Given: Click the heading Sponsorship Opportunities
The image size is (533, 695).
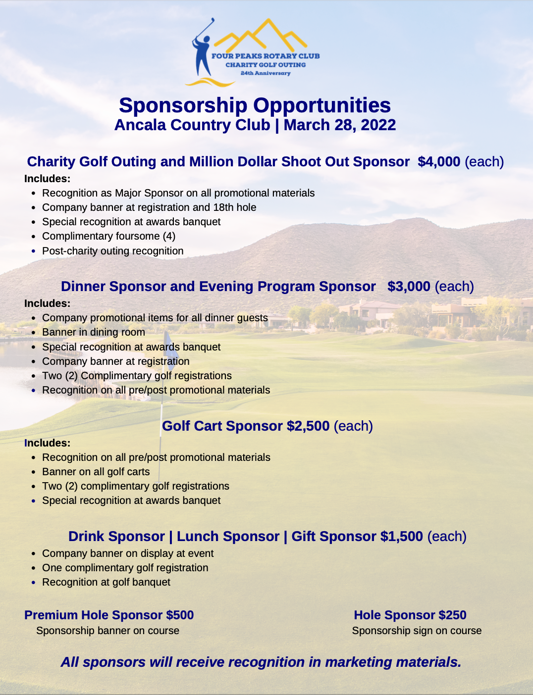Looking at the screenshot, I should click(x=255, y=105).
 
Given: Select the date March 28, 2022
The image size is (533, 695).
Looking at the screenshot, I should click(x=340, y=125).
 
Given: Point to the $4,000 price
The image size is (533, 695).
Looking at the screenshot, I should click(x=439, y=162).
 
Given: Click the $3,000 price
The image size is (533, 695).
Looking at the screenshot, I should click(x=409, y=287).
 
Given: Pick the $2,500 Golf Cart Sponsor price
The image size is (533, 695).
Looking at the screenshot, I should click(x=308, y=426).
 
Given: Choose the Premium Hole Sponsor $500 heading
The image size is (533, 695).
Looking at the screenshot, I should click(x=109, y=615).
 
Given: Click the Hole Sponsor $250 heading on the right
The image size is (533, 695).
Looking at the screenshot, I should click(x=410, y=615).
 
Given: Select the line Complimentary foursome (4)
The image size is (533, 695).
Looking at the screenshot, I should click(x=108, y=236).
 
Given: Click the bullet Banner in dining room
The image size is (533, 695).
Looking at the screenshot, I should click(x=94, y=332).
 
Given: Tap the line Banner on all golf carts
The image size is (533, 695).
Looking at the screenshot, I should click(x=96, y=472).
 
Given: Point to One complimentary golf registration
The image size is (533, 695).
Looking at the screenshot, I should click(x=125, y=568).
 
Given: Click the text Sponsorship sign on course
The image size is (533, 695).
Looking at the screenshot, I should click(x=417, y=631).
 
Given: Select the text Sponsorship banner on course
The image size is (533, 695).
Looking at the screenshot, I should click(x=107, y=631).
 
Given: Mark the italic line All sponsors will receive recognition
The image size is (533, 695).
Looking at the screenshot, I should click(x=261, y=662).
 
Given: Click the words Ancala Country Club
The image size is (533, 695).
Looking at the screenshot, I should click(x=192, y=125).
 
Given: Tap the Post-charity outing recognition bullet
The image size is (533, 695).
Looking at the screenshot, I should click(x=112, y=251).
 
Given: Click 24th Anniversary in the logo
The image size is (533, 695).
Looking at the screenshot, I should click(x=266, y=73).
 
